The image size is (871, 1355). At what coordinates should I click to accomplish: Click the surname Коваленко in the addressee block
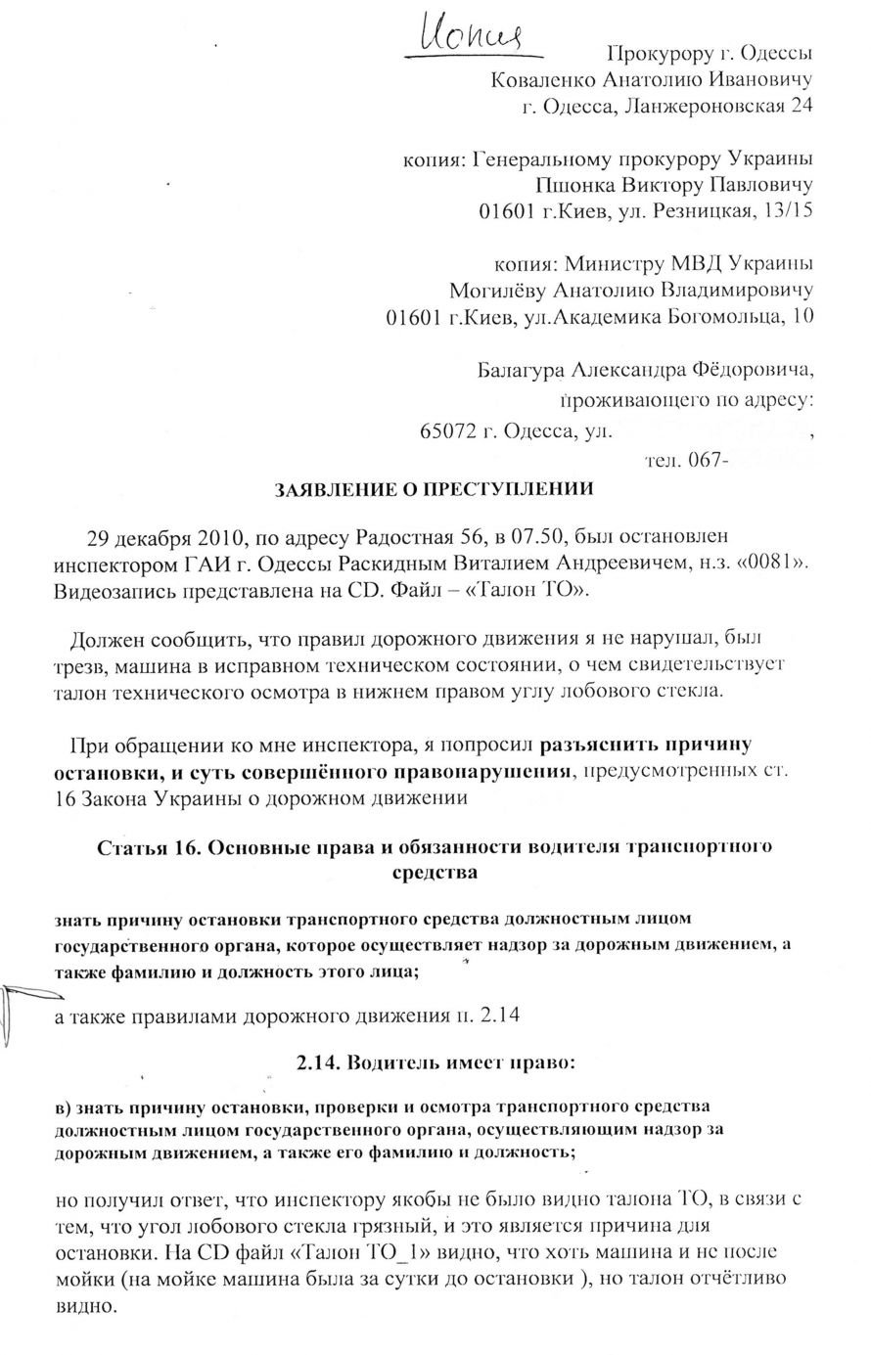click(542, 79)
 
